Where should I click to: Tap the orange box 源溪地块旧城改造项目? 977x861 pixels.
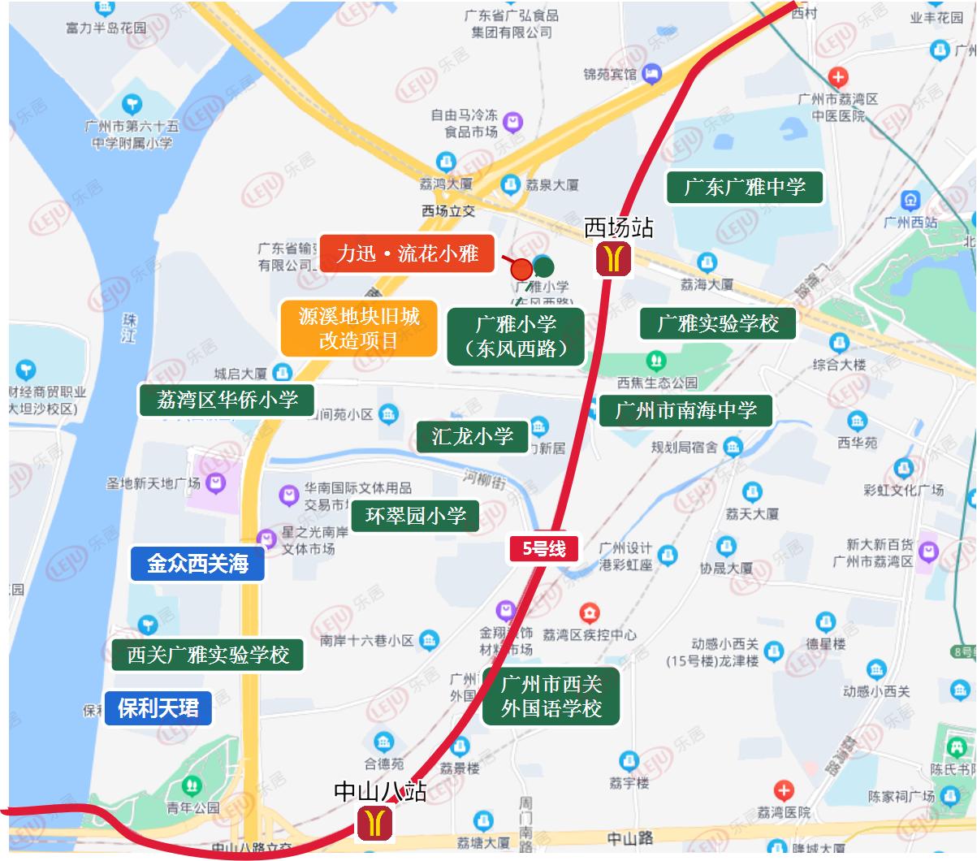point(359,328)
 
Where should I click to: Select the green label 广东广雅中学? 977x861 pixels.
point(744,188)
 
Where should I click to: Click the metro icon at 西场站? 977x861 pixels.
point(615,258)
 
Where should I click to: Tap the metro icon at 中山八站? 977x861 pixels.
point(375,822)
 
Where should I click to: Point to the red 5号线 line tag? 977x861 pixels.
point(543,549)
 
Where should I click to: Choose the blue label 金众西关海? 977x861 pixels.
point(197,564)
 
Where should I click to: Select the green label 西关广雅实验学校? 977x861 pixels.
point(208,655)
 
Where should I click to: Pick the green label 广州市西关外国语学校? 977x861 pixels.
point(551,697)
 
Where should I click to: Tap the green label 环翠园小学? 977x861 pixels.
point(415,516)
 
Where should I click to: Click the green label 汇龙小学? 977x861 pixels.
point(472,436)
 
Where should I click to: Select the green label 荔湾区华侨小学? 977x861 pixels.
point(227,400)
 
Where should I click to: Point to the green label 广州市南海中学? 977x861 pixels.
point(685,410)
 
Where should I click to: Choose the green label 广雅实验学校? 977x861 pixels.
point(717,323)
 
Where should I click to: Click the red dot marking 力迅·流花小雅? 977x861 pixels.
point(521,269)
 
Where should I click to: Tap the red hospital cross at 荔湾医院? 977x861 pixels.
point(783,790)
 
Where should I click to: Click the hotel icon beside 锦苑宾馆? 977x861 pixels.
point(651,75)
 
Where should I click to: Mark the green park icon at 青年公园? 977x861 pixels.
point(192,785)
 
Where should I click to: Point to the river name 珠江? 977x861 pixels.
point(128,328)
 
